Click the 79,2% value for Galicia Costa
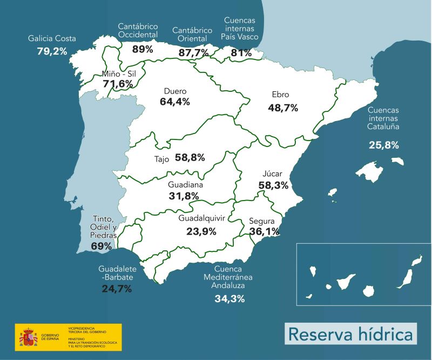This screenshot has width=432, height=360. pyautogui.click(x=52, y=51)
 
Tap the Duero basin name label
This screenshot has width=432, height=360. pyautogui.click(x=175, y=91)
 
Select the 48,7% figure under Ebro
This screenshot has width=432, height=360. pyautogui.click(x=283, y=108)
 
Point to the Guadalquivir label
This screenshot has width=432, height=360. pyautogui.click(x=201, y=218)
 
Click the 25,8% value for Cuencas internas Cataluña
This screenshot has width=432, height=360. pyautogui.click(x=383, y=145)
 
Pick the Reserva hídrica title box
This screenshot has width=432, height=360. pyautogui.click(x=350, y=333)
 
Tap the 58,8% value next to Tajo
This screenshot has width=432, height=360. pyautogui.click(x=190, y=158)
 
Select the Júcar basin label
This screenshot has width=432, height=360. pyautogui.click(x=273, y=174)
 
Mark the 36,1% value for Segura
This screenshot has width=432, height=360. pyautogui.click(x=264, y=231)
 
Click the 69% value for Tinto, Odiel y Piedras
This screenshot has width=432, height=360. pyautogui.click(x=101, y=246)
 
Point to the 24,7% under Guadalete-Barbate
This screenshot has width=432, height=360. pyautogui.click(x=117, y=288)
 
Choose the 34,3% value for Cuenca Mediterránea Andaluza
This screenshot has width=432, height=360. pyautogui.click(x=230, y=298)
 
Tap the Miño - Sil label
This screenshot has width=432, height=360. pyautogui.click(x=117, y=74)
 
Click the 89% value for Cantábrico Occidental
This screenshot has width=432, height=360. pyautogui.click(x=143, y=49)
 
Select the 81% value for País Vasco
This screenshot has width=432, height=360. pyautogui.click(x=241, y=53)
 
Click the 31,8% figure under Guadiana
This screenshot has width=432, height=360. pyautogui.click(x=184, y=196)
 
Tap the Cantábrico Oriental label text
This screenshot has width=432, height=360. pyautogui.click(x=193, y=35)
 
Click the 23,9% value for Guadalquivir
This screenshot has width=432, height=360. pyautogui.click(x=201, y=231)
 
